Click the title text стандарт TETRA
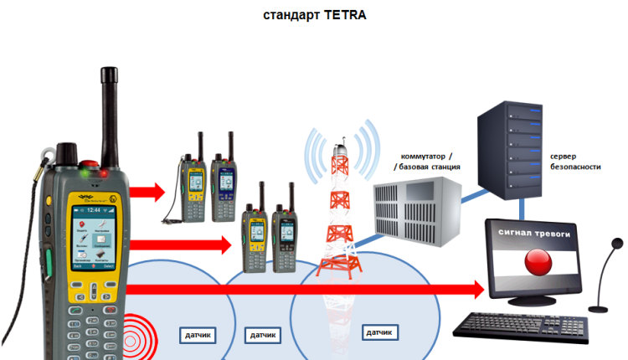pyautogui.click(x=315, y=14)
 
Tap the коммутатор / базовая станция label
pyautogui.click(x=427, y=162)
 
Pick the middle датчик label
pyautogui.click(x=262, y=335)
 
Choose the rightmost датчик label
pyautogui.click(x=378, y=332)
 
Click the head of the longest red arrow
pyautogui.click(x=477, y=290)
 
